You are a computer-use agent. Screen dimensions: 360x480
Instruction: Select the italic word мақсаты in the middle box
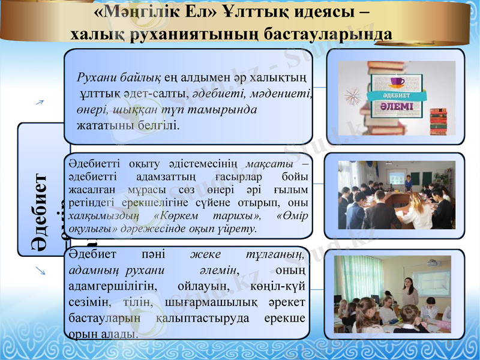(269, 164)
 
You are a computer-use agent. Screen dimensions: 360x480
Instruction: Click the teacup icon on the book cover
(397, 82)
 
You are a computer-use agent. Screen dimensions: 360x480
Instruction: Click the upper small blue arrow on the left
(40, 103)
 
